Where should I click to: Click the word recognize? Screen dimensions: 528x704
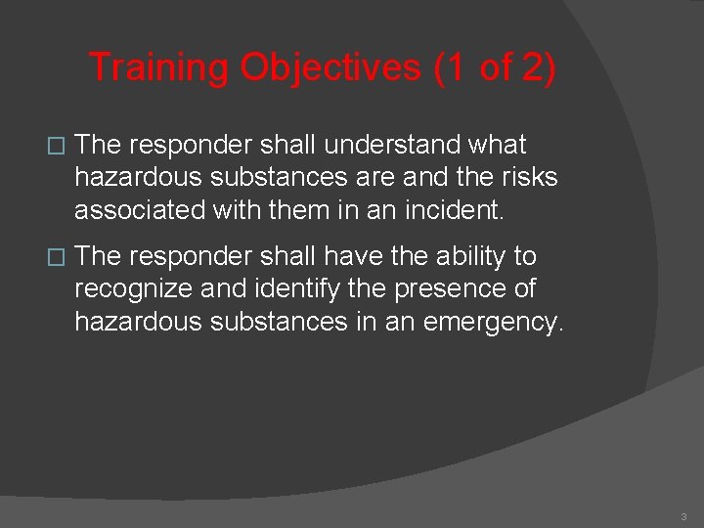point(136,288)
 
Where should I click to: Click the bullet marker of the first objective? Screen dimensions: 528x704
point(56,146)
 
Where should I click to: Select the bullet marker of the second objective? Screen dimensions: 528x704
point(56,257)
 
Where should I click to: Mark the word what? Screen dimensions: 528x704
point(497,145)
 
